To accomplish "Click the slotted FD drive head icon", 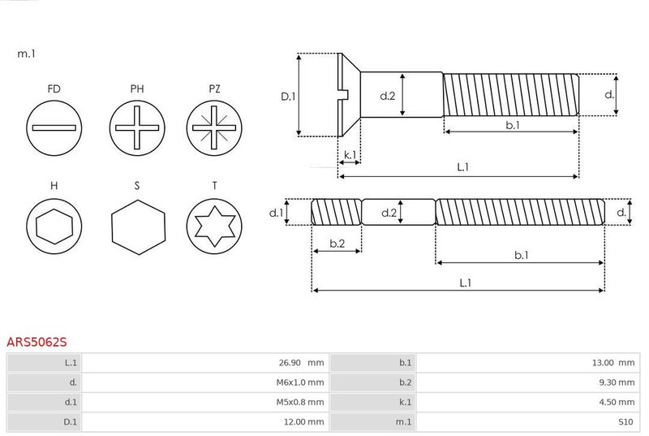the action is pyautogui.click(x=54, y=128).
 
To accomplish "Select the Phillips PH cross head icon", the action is pyautogui.click(x=137, y=128).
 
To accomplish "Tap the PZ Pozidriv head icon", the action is pyautogui.click(x=214, y=128).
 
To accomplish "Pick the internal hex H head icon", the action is pyautogui.click(x=54, y=226).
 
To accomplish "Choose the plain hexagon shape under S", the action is pyautogui.click(x=138, y=227).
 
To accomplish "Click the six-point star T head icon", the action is pyautogui.click(x=214, y=226).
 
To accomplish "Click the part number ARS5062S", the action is pyautogui.click(x=37, y=342).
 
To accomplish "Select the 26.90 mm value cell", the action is pyautogui.click(x=205, y=363).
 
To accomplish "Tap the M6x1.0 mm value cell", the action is pyautogui.click(x=205, y=382).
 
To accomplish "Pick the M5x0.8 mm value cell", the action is pyautogui.click(x=205, y=402).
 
